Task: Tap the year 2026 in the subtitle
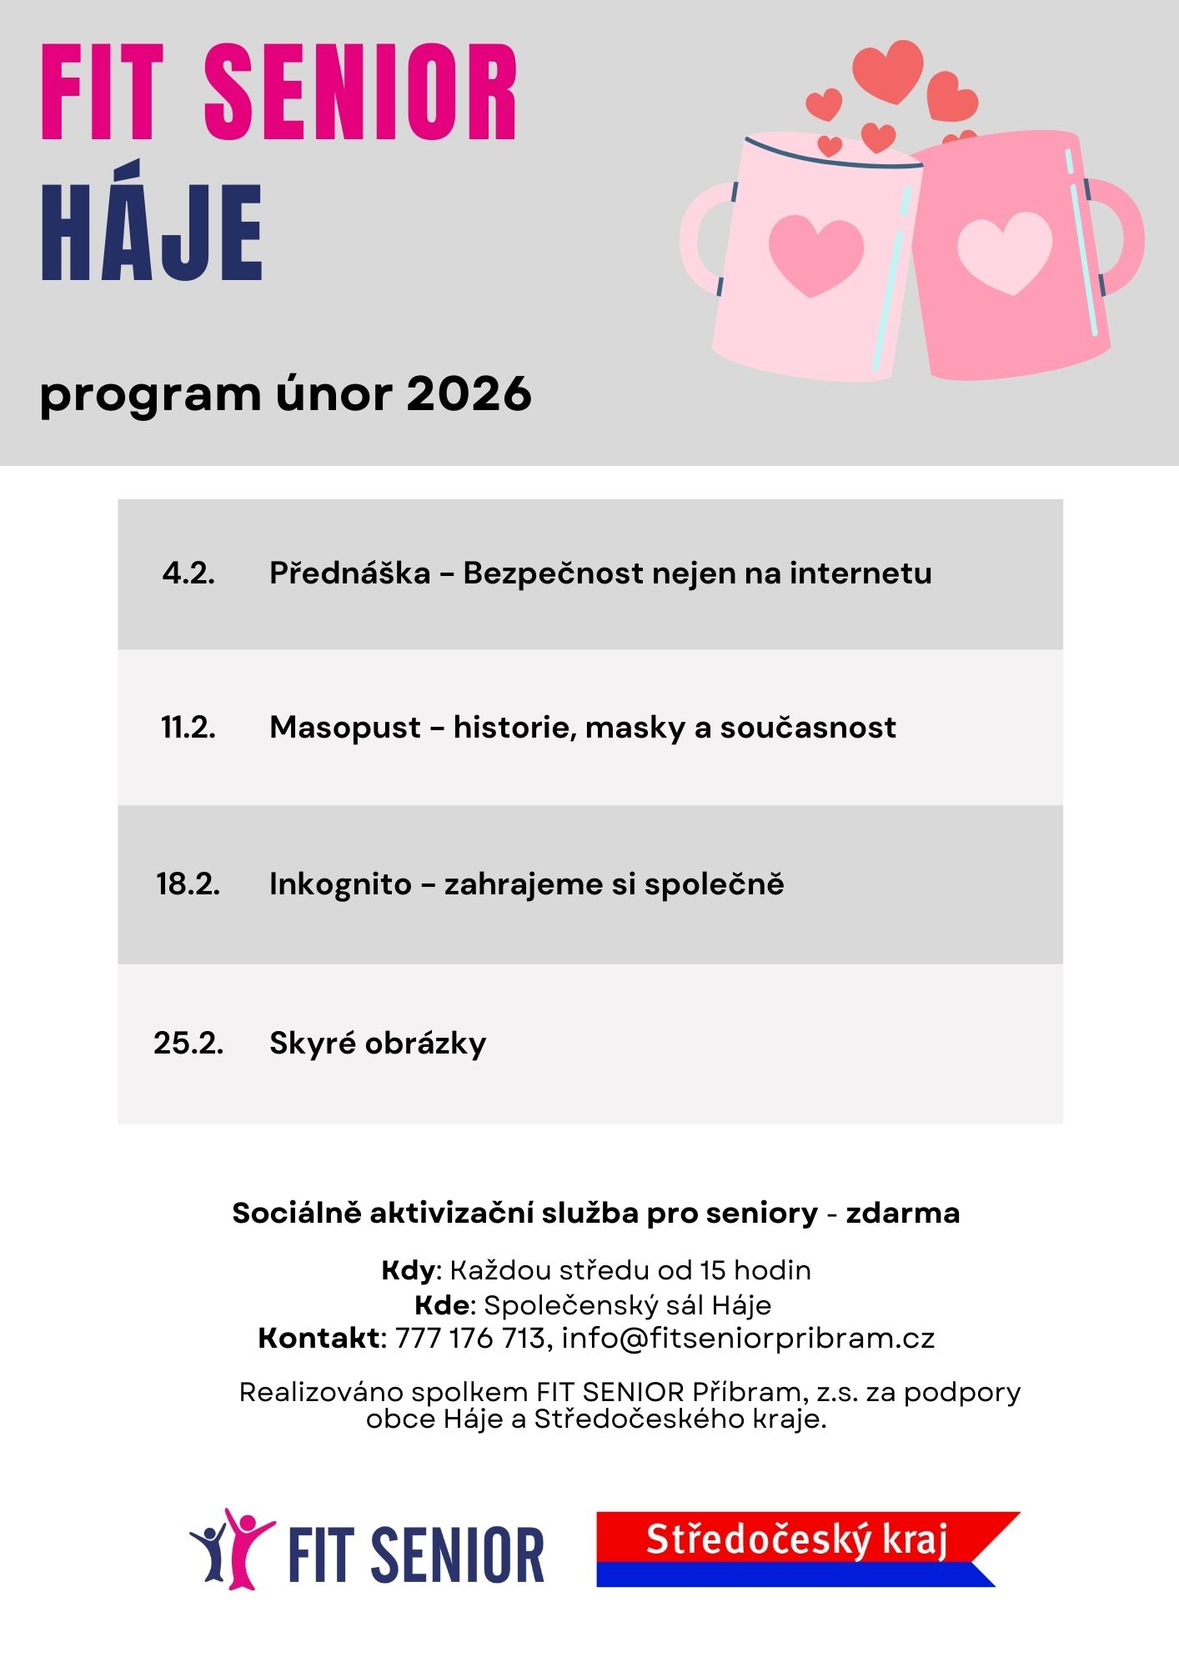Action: (x=469, y=393)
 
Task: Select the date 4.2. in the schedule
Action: (x=188, y=573)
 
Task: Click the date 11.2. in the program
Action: (x=188, y=728)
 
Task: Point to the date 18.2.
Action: (x=188, y=884)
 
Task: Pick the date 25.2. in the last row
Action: (x=188, y=1043)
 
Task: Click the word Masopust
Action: (x=345, y=728)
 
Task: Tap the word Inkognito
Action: (x=340, y=884)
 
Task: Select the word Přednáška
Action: (x=350, y=573)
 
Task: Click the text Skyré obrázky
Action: (x=378, y=1043)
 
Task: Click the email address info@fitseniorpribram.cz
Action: (x=748, y=1338)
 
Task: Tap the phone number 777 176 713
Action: (x=469, y=1338)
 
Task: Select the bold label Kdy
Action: (x=408, y=1270)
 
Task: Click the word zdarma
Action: (x=903, y=1213)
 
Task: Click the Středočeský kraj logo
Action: (x=799, y=1549)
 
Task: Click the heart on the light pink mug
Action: (x=815, y=254)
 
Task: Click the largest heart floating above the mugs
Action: (x=888, y=70)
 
